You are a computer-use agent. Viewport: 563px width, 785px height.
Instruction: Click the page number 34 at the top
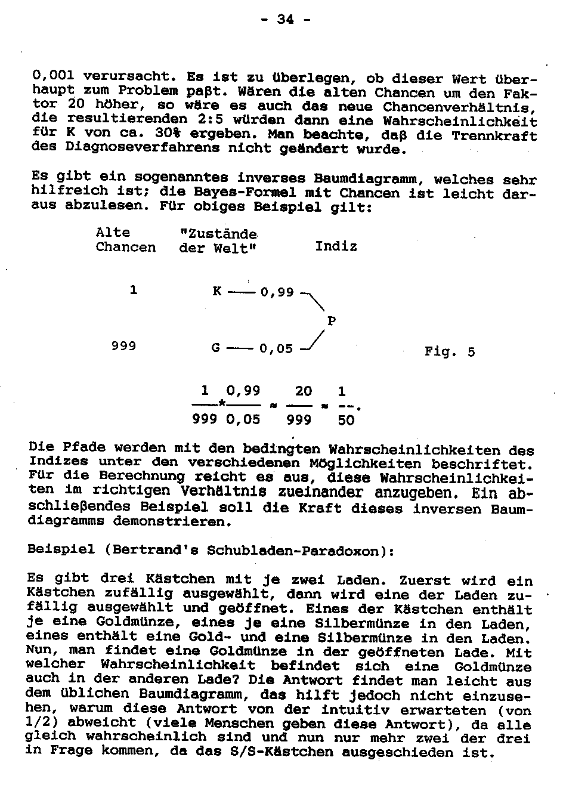tap(286, 19)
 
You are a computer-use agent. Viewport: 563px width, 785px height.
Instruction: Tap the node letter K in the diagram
tap(217, 292)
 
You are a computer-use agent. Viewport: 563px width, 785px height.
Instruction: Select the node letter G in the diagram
tap(216, 348)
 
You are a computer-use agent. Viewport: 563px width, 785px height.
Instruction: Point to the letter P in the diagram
tap(332, 322)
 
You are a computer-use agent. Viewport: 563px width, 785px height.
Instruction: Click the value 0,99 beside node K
tap(277, 292)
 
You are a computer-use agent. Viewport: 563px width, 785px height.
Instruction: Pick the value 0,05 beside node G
tap(276, 348)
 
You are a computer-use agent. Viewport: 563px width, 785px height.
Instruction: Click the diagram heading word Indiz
tap(336, 246)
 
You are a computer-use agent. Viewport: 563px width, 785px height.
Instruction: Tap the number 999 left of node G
tap(123, 346)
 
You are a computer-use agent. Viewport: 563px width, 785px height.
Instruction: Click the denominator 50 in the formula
tap(346, 421)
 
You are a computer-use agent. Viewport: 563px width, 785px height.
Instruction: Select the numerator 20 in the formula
tap(304, 391)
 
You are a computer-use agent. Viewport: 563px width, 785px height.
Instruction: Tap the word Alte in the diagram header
tap(113, 233)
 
